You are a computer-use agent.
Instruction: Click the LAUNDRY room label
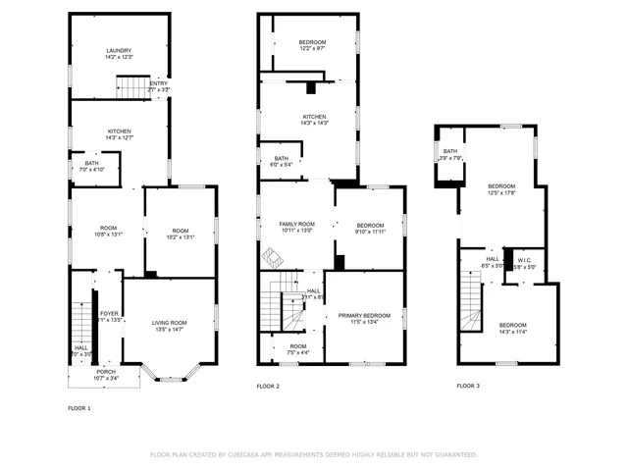pyautogui.click(x=120, y=51)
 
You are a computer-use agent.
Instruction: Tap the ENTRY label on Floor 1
pyautogui.click(x=158, y=83)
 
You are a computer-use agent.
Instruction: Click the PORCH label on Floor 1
pyautogui.click(x=106, y=372)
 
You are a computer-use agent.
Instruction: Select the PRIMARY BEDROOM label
pyautogui.click(x=364, y=315)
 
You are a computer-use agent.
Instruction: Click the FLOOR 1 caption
pyautogui.click(x=79, y=407)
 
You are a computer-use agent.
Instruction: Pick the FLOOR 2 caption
pyautogui.click(x=268, y=387)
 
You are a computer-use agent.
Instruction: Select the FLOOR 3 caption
pyautogui.click(x=468, y=387)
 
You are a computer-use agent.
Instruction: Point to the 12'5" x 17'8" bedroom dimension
pyautogui.click(x=501, y=192)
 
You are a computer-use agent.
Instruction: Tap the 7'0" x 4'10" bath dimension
pyautogui.click(x=91, y=170)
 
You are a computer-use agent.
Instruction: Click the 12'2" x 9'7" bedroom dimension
pyautogui.click(x=313, y=48)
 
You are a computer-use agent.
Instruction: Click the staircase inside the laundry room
pyautogui.click(x=131, y=87)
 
